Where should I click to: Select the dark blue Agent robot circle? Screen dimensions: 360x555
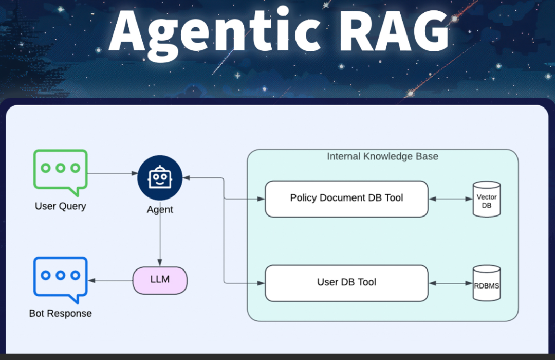click(x=160, y=178)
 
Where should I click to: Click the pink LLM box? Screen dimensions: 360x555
click(x=160, y=280)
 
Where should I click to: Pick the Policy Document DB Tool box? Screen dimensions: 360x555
click(x=346, y=199)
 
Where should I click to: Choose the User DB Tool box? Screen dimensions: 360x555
click(x=346, y=283)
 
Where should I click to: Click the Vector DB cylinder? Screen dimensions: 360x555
click(x=487, y=199)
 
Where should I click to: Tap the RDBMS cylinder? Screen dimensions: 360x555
click(x=487, y=283)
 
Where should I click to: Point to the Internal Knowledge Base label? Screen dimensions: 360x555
click(x=382, y=156)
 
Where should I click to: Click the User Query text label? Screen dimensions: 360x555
click(x=61, y=206)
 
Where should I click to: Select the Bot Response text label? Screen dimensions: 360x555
click(x=61, y=313)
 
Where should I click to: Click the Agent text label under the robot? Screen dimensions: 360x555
click(x=160, y=210)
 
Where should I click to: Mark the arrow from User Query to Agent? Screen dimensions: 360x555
click(x=112, y=174)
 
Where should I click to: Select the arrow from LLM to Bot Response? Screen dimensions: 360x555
click(x=110, y=281)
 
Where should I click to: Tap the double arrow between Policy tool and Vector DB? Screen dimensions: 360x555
click(x=450, y=199)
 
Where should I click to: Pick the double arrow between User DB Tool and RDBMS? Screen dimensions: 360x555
click(x=450, y=283)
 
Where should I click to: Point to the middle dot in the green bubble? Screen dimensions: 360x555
click(x=61, y=168)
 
